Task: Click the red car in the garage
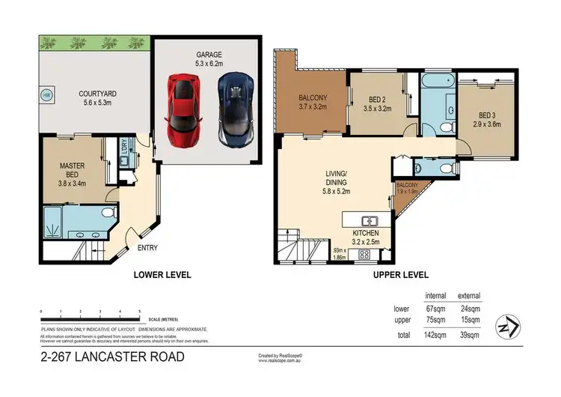(x=182, y=110)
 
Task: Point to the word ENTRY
(x=146, y=249)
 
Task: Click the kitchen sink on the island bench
(x=370, y=221)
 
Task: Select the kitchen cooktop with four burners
(x=364, y=255)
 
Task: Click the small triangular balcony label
(x=407, y=189)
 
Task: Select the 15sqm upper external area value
(x=469, y=321)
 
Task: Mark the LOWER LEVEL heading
(x=162, y=275)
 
